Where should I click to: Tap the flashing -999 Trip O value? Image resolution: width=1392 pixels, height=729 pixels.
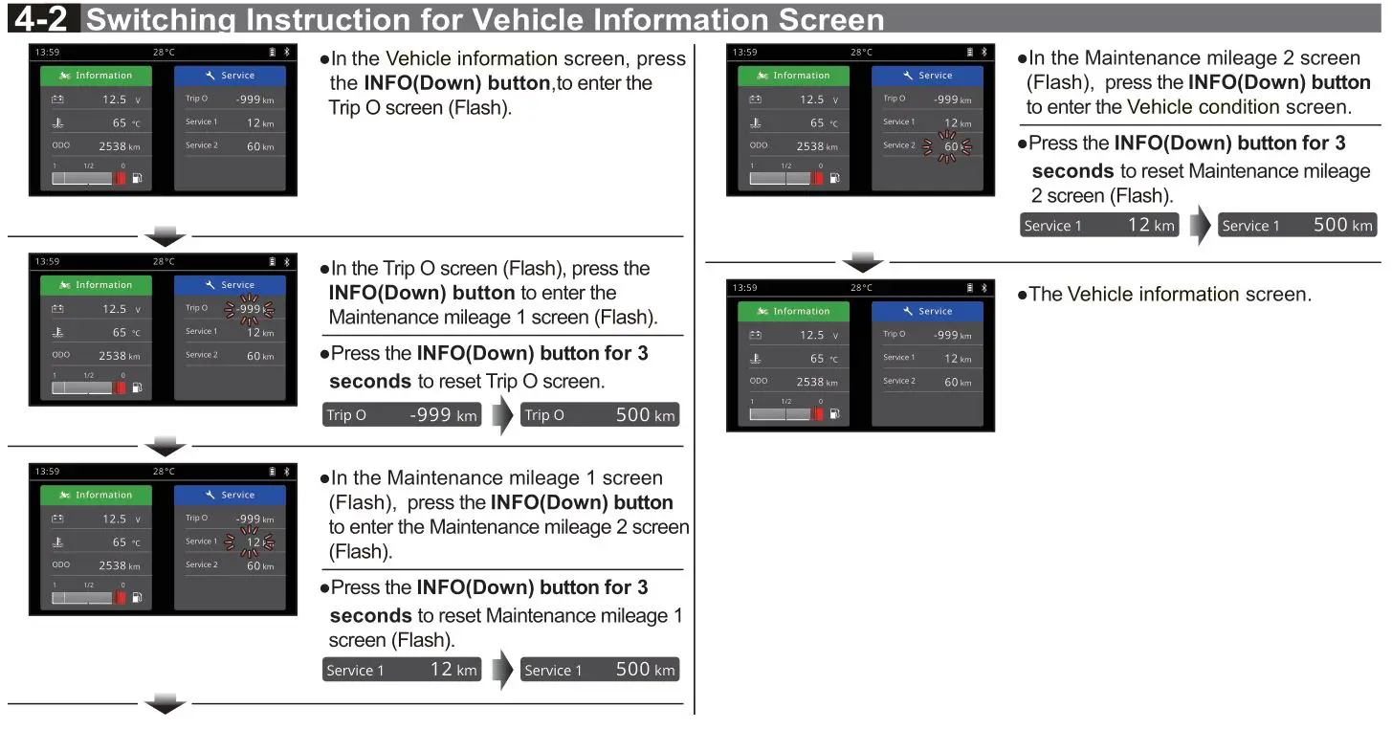tap(249, 309)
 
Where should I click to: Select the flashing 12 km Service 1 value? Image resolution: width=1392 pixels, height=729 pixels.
tap(253, 542)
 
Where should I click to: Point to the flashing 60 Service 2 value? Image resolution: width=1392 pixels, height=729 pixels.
tap(950, 146)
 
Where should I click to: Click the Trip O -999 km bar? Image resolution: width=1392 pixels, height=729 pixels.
tap(402, 415)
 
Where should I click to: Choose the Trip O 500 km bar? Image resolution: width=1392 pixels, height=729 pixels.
tap(600, 415)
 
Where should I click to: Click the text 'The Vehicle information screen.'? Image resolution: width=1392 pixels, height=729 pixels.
tap(1169, 295)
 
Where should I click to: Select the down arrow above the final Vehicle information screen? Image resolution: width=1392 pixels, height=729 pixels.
tap(864, 260)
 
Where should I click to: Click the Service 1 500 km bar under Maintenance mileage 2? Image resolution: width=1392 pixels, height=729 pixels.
tap(1296, 226)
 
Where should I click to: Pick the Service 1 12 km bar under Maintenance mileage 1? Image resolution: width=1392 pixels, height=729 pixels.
tap(402, 670)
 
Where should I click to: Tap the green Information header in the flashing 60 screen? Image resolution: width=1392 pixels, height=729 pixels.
tap(793, 76)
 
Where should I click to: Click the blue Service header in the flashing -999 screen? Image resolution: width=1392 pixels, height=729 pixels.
tap(230, 285)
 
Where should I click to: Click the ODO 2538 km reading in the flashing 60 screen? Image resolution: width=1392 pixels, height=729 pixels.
tap(794, 146)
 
